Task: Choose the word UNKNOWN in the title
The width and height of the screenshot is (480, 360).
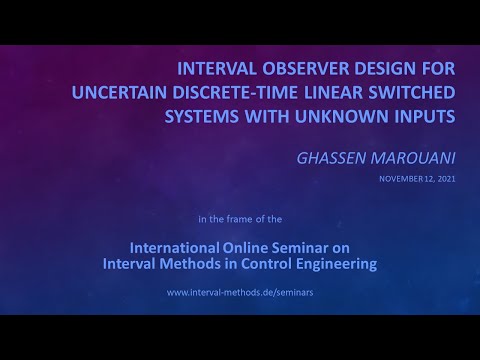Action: (x=319, y=116)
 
